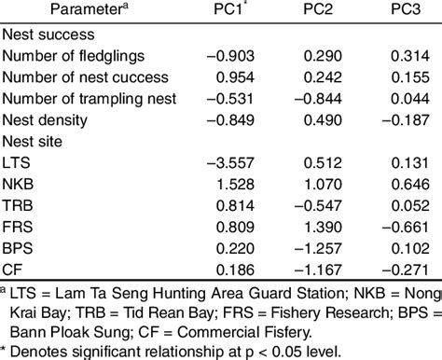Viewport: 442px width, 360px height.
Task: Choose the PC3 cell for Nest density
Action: [x=400, y=119]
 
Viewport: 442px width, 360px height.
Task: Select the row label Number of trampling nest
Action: [x=83, y=99]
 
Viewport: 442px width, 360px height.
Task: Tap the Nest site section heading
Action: [x=35, y=141]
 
